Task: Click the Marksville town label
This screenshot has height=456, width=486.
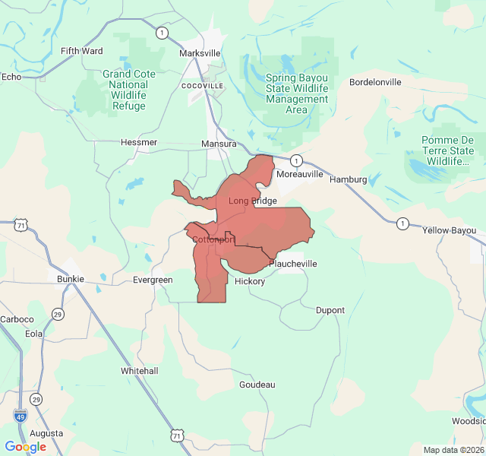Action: [x=200, y=53]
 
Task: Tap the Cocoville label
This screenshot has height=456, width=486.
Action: [x=203, y=86]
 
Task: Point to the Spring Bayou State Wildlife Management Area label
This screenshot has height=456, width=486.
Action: [x=297, y=93]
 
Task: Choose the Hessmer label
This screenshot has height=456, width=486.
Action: [x=139, y=142]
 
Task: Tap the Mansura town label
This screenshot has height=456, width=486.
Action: [x=219, y=144]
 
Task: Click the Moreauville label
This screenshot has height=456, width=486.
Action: [x=300, y=174]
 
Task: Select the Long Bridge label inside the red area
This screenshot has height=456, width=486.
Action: [x=253, y=201]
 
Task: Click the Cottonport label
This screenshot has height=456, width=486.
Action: [x=213, y=240]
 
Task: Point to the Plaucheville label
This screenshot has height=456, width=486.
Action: [x=293, y=264]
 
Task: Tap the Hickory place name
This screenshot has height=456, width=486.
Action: [x=250, y=281]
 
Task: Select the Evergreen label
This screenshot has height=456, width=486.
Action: [x=153, y=280]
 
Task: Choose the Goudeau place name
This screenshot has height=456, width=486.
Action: [x=257, y=385]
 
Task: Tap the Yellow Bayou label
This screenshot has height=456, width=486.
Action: [x=450, y=230]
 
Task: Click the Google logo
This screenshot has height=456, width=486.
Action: [x=25, y=447]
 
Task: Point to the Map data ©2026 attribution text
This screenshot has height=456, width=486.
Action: [x=452, y=450]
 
